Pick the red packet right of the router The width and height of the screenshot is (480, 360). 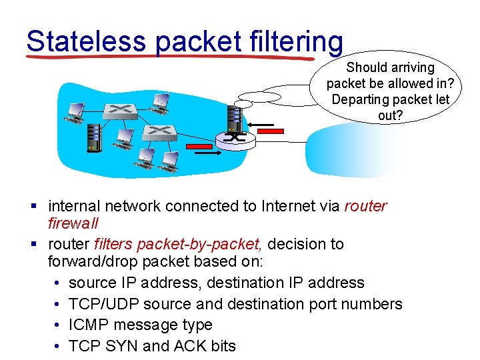click(270, 131)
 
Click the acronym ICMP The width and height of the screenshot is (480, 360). click(89, 325)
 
